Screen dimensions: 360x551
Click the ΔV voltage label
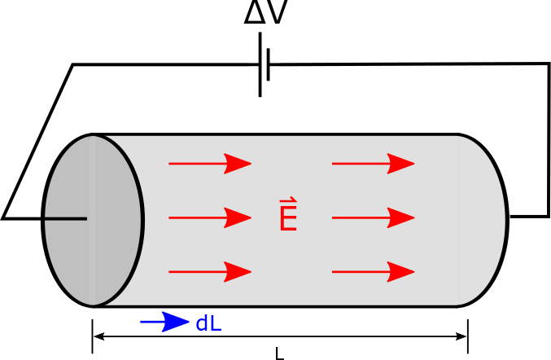pos(265,15)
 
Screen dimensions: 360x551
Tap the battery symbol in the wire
pos(264,64)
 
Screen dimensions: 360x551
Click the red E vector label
pos(287,216)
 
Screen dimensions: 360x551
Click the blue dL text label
pos(208,323)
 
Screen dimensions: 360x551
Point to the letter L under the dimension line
pos(279,354)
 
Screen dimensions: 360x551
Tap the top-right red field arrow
pos(374,164)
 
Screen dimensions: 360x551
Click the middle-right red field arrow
pos(374,217)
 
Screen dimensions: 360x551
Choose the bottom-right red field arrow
pos(374,271)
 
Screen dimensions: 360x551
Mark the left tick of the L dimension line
pos(93,336)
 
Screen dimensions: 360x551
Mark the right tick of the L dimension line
pos(468,336)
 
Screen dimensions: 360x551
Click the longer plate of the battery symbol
pos(260,64)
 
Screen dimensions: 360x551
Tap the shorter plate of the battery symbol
pos(268,64)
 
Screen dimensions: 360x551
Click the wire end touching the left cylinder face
pos(85,218)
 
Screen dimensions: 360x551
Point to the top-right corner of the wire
pos(549,64)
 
